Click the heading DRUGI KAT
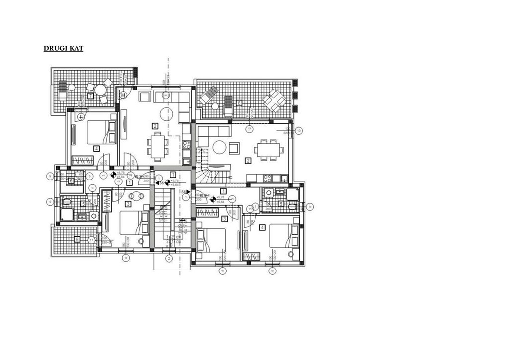tap(63, 48)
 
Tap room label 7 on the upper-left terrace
tap(90, 95)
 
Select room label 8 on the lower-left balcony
tap(77, 239)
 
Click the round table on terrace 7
tap(101, 90)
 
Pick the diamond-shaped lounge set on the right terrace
tap(274, 101)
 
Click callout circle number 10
tap(298, 131)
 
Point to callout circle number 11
tap(91, 240)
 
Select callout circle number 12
tap(250, 129)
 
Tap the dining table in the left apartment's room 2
tap(157, 146)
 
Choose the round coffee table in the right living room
tap(219, 147)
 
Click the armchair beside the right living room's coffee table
tap(234, 147)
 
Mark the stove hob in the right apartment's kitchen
tap(268, 178)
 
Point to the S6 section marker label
tap(183, 191)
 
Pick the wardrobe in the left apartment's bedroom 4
tap(83, 160)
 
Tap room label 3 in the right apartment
tap(224, 219)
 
